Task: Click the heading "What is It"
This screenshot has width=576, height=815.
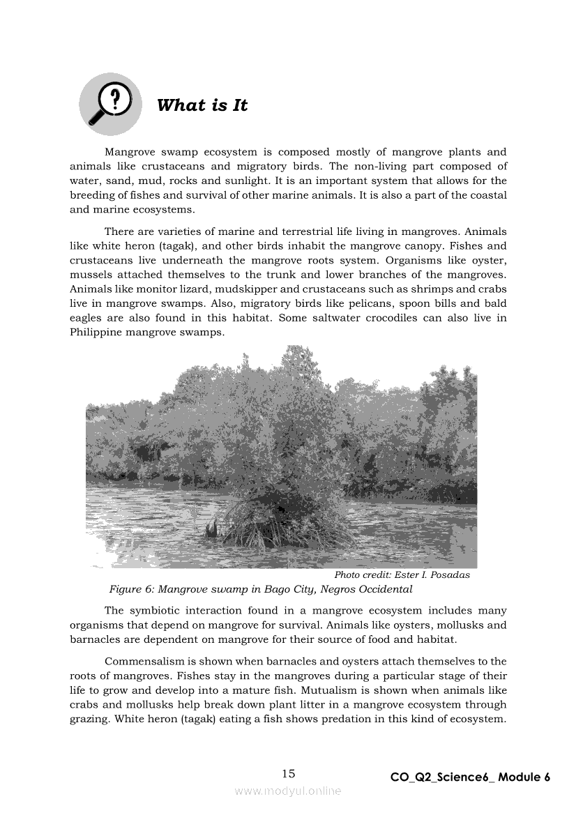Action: point(202,105)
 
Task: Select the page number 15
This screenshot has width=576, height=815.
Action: point(289,773)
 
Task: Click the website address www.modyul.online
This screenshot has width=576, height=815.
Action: point(288,791)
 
